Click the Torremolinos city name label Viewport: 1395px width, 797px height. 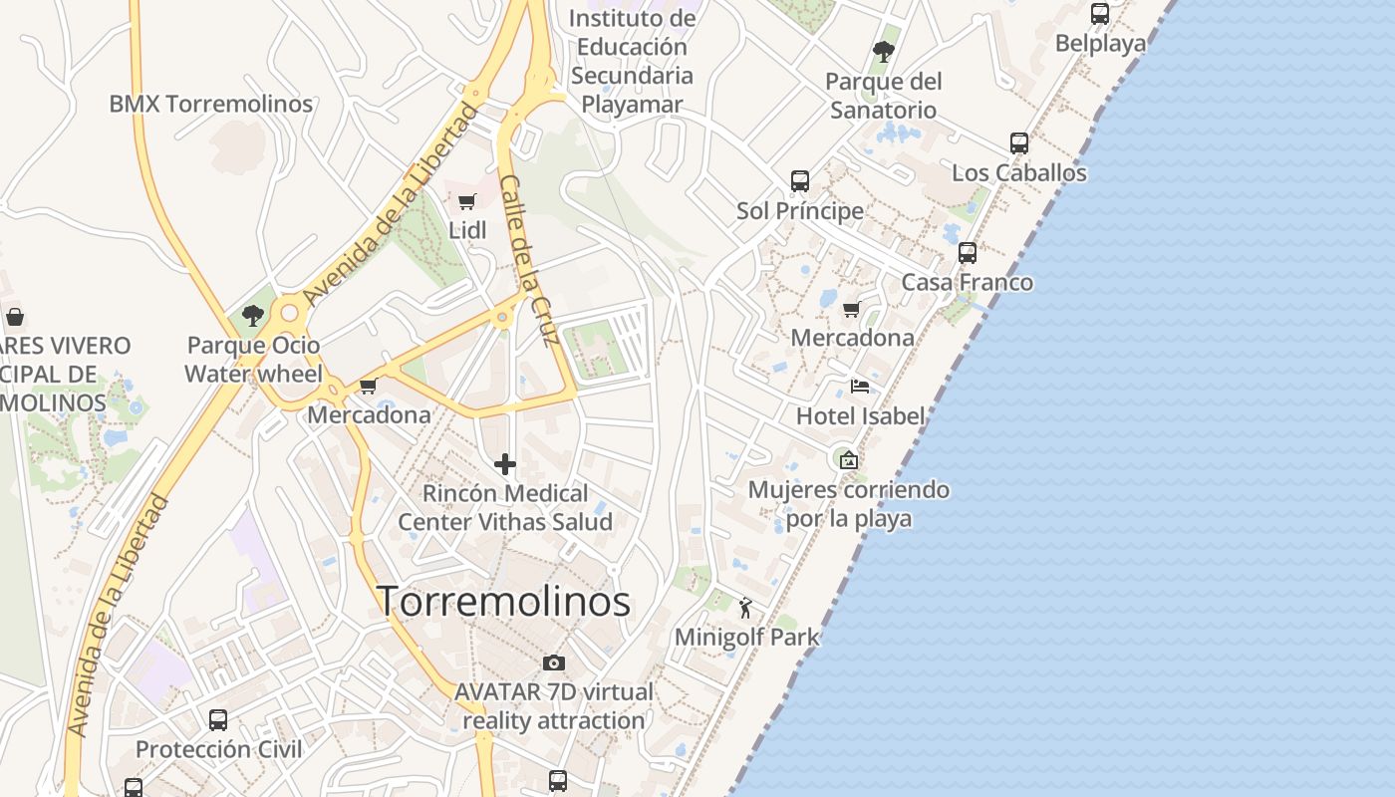click(x=503, y=602)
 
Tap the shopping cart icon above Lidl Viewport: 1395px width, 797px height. click(x=466, y=202)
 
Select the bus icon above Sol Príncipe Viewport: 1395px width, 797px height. click(x=799, y=181)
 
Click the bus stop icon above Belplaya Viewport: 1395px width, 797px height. click(x=1099, y=14)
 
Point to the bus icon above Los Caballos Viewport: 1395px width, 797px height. click(x=1018, y=143)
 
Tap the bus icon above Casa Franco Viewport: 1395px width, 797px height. click(x=967, y=253)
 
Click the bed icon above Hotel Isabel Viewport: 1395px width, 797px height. click(x=859, y=387)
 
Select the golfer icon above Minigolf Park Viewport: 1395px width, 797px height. click(x=745, y=607)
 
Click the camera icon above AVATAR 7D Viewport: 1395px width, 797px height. click(x=553, y=663)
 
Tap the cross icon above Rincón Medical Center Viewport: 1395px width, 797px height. click(x=505, y=464)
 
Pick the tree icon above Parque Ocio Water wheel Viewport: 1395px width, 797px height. click(x=253, y=316)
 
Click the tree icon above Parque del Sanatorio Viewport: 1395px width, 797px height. click(x=883, y=51)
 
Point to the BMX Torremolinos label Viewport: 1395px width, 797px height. click(x=210, y=104)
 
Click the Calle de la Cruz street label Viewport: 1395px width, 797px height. click(x=527, y=259)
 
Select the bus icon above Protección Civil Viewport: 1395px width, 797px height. click(x=217, y=719)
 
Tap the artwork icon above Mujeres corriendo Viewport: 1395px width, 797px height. click(x=848, y=460)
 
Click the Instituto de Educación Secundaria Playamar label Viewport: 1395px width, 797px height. click(x=632, y=61)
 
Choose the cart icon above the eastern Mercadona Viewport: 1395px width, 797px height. click(x=851, y=309)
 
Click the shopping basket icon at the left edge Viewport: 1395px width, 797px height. click(x=15, y=318)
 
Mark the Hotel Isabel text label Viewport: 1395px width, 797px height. click(x=861, y=416)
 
